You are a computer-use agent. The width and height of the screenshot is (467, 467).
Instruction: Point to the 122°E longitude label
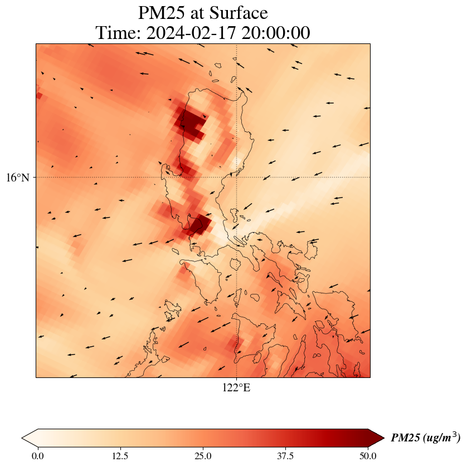236,388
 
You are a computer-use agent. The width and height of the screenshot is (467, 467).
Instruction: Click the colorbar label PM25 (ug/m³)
425,438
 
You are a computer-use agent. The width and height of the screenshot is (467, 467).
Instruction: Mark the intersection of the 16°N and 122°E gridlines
237,178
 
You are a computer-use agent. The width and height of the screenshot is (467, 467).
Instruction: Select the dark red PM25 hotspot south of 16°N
200,224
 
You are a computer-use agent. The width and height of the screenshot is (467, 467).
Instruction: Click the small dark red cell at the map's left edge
38,96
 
